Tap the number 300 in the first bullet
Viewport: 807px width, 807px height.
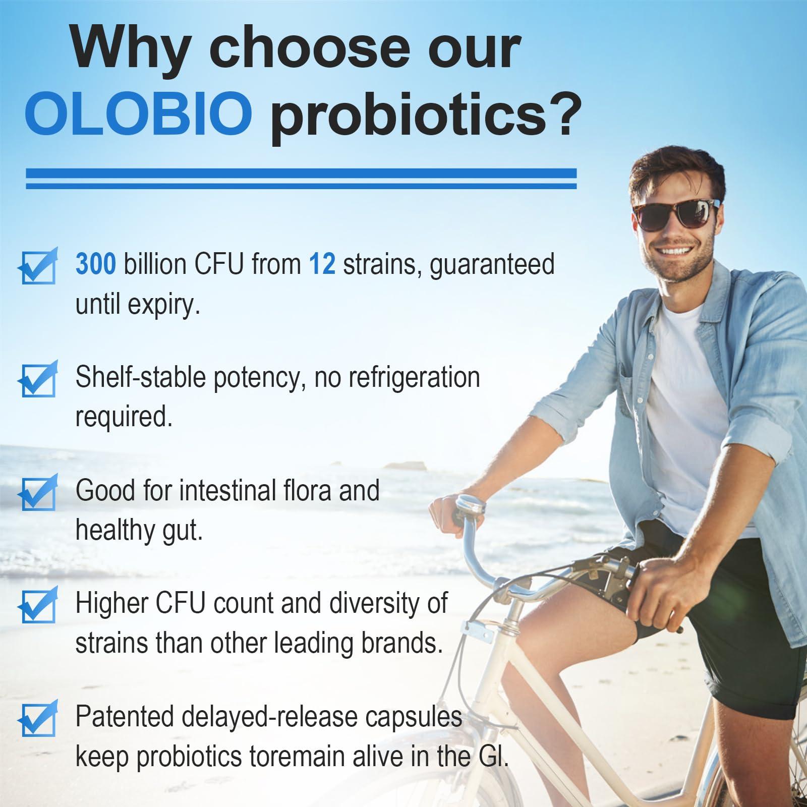96,264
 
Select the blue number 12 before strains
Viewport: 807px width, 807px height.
322,264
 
